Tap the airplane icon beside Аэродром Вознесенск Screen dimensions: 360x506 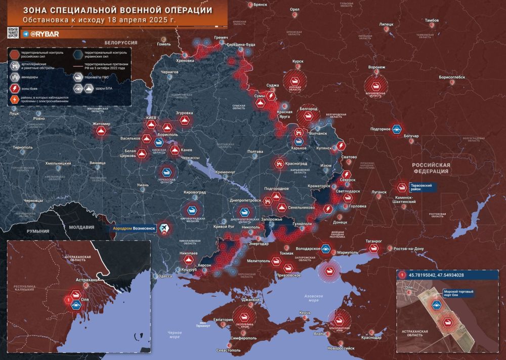(164, 229)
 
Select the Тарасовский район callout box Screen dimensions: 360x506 (421, 187)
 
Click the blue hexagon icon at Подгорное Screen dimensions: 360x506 (397, 129)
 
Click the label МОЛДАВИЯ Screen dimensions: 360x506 (83, 227)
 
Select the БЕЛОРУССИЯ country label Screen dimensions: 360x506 (121, 44)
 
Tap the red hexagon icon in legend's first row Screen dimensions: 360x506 (16, 54)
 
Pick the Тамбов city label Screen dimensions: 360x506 (432, 21)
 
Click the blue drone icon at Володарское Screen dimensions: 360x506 (325, 249)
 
